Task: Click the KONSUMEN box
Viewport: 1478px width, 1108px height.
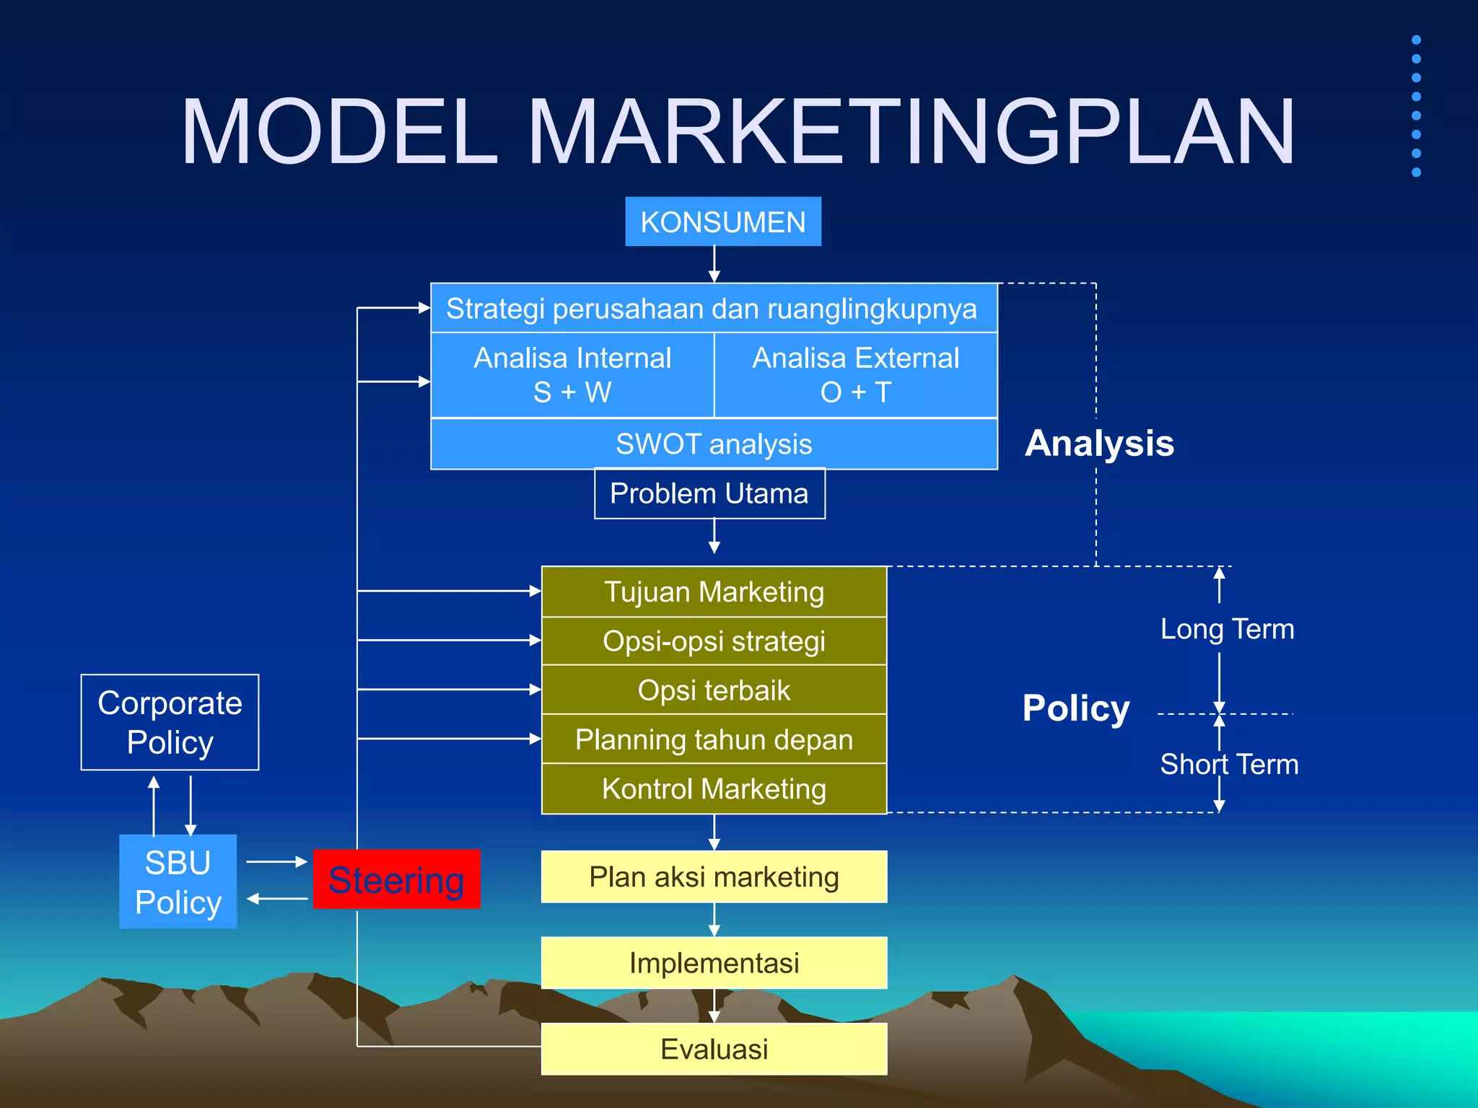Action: click(722, 221)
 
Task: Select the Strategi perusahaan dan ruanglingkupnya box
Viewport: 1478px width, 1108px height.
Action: click(713, 308)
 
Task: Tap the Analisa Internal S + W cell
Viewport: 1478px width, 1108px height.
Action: click(572, 375)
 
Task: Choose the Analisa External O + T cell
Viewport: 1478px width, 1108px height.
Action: click(856, 375)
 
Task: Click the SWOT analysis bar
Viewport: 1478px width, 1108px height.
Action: click(714, 444)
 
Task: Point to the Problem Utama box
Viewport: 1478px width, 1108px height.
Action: click(709, 493)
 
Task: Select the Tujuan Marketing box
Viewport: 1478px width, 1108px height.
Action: click(714, 592)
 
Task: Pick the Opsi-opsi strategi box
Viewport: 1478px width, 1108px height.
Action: click(714, 641)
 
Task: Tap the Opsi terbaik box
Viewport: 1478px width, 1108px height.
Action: click(714, 690)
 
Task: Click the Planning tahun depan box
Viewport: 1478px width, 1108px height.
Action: click(714, 739)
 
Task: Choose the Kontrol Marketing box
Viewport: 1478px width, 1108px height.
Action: click(714, 788)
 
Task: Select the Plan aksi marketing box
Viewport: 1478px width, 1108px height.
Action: click(714, 876)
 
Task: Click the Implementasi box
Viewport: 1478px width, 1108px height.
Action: click(714, 962)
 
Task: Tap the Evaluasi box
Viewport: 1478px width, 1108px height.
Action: click(714, 1049)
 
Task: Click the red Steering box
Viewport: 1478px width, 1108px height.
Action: click(396, 879)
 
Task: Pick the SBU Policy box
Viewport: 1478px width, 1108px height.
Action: click(178, 881)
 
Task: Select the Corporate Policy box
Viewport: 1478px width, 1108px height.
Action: click(170, 722)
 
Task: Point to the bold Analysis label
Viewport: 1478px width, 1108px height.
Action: click(1099, 443)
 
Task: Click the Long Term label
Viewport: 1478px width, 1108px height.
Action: click(1227, 629)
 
